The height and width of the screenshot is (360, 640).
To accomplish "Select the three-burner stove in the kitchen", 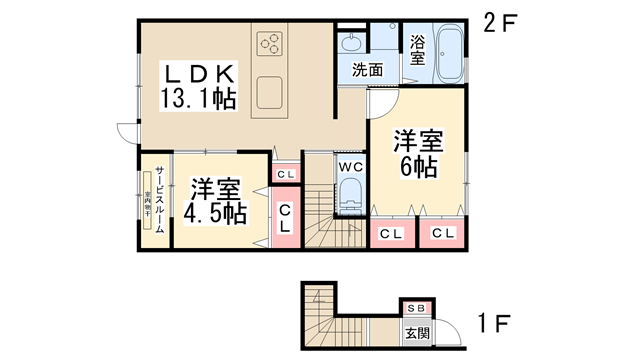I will point(271,43).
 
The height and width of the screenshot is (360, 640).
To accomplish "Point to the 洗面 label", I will point(366,70).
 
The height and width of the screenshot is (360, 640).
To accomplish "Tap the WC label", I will point(350,165).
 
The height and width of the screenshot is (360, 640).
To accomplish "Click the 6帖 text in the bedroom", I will point(418,166).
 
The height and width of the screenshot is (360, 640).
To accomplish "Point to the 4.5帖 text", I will point(216,213).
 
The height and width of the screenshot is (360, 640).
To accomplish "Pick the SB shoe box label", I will point(415,310).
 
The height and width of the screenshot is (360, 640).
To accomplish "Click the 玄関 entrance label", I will point(415,332).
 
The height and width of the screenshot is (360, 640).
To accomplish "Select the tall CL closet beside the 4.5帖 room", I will point(285,218).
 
